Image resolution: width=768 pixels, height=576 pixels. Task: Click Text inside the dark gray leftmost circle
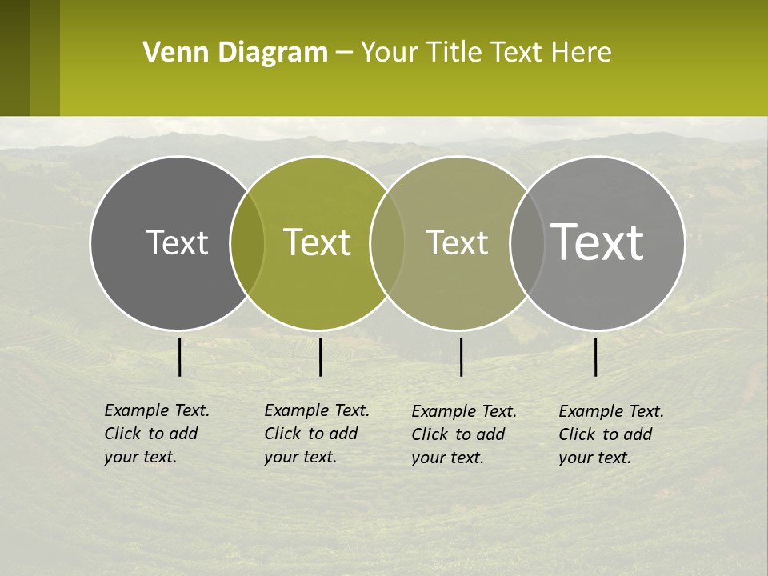click(177, 242)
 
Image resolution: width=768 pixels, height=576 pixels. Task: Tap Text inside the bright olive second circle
click(317, 242)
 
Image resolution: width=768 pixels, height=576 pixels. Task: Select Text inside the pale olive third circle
click(457, 242)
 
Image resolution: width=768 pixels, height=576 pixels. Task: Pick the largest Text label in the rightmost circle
click(598, 242)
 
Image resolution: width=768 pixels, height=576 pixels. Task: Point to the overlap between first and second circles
click(247, 242)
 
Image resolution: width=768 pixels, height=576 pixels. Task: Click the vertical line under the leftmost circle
click(180, 358)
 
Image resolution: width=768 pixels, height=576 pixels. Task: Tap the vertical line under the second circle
click(320, 358)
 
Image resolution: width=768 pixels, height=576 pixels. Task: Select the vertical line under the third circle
click(462, 358)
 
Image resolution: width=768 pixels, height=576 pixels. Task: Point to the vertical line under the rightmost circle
click(596, 358)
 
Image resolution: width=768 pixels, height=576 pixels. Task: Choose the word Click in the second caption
click(282, 434)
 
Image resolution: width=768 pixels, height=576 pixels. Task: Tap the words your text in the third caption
click(447, 458)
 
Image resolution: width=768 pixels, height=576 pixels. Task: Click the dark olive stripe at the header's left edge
click(14, 58)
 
